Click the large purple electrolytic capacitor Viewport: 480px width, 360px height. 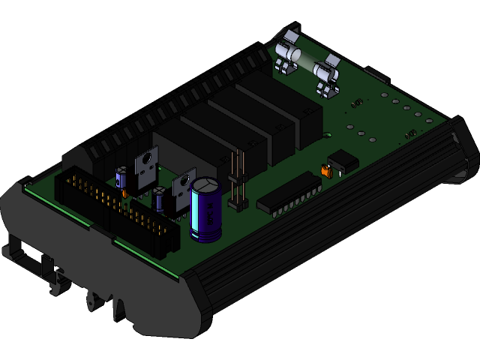205,214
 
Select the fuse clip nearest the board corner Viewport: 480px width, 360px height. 287,51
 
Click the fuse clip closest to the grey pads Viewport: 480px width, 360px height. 328,77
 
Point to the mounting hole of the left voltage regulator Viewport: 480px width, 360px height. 147,159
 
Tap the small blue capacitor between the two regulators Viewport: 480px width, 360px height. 159,199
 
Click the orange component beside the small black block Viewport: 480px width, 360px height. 326,172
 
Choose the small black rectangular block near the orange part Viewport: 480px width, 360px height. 343,160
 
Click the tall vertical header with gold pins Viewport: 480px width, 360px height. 238,181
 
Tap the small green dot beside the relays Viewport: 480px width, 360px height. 328,135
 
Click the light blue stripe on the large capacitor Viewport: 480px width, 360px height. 196,217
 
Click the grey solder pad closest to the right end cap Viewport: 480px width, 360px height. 429,121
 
